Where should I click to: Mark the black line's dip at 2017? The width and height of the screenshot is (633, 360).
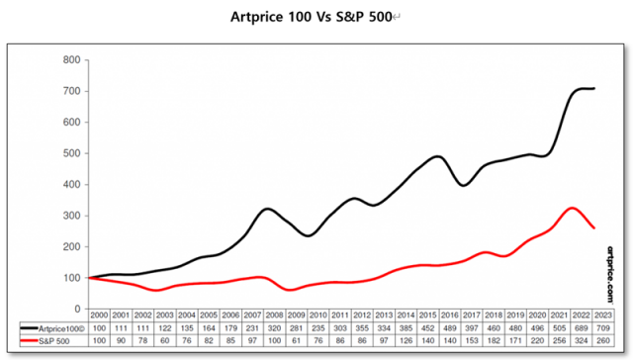click(x=464, y=185)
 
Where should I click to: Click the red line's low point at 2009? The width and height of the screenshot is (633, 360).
click(x=291, y=290)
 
